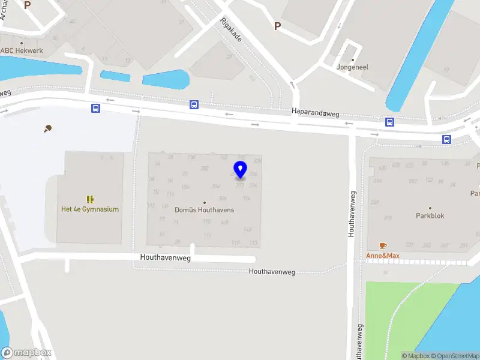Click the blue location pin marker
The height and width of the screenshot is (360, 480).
(x=240, y=170)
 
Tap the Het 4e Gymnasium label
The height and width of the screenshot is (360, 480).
(x=90, y=209)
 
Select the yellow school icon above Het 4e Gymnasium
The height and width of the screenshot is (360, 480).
(x=90, y=199)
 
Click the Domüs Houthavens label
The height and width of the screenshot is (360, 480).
(x=204, y=210)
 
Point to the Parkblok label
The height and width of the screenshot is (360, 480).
(x=430, y=215)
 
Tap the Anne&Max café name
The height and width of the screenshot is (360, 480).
(x=383, y=256)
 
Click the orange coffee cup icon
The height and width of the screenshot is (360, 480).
(x=383, y=245)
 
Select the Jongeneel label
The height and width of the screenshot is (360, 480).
(x=352, y=67)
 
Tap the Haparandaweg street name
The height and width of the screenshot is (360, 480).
(x=316, y=111)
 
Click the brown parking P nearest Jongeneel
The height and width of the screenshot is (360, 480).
(x=277, y=26)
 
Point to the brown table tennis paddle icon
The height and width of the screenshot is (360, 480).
(x=47, y=128)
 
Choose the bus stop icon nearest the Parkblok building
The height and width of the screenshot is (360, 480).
(x=447, y=139)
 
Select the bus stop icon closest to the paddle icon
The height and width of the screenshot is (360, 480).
(x=95, y=109)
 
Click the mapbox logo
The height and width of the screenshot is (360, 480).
(x=26, y=352)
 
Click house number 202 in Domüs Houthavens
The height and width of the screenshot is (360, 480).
(x=205, y=169)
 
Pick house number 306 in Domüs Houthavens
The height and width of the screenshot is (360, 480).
(x=223, y=199)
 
